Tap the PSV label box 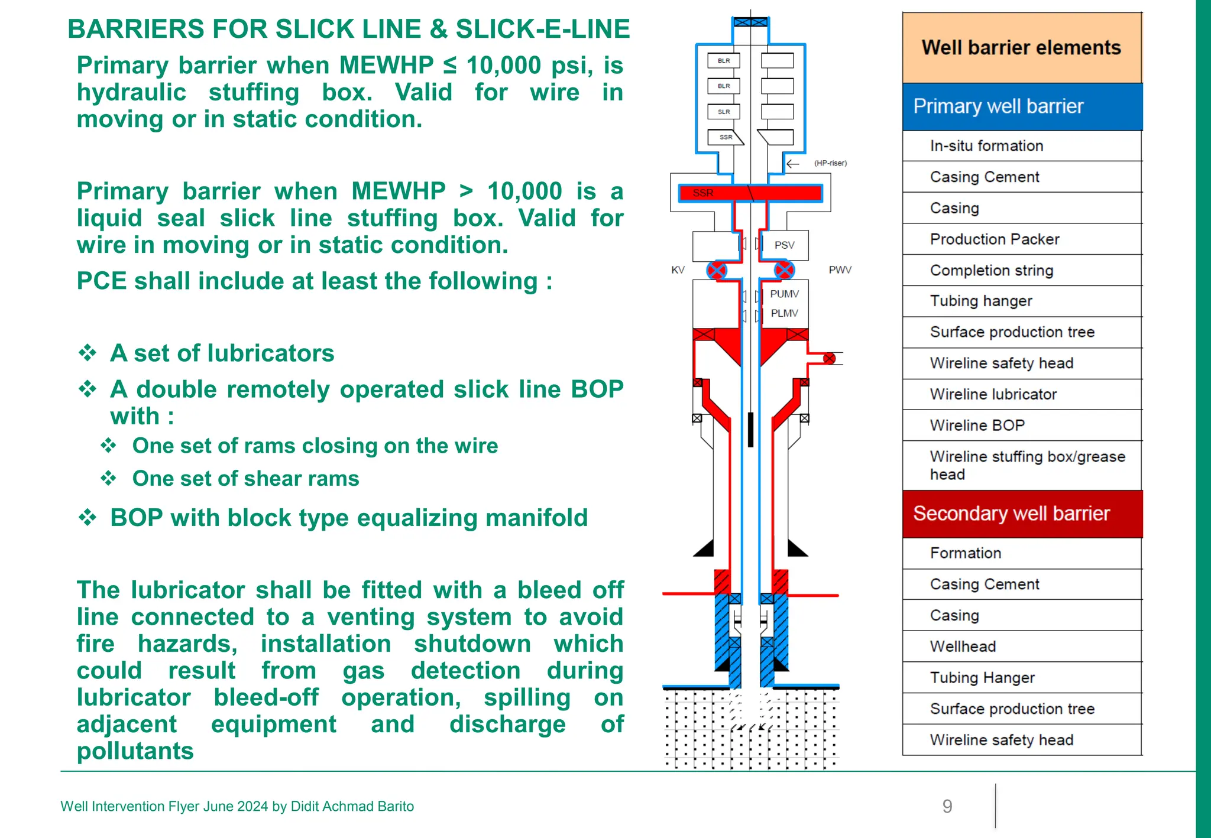785,245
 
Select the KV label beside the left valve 678,270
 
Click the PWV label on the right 840,270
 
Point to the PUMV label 784,294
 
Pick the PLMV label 784,313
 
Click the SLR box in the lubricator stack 724,112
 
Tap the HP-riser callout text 830,163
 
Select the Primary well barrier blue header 1022,106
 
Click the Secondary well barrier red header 1022,514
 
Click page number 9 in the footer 947,807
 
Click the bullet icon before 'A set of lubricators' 88,353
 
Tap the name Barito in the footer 394,807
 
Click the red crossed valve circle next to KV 717,271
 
